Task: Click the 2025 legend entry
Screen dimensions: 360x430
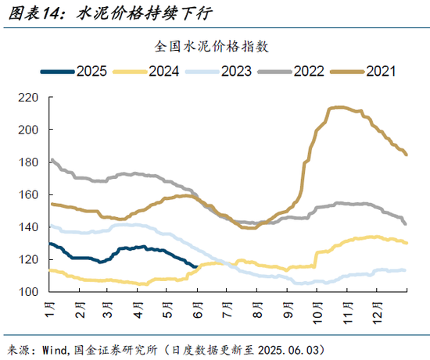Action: [75, 71]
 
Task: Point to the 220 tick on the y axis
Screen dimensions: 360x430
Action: [29, 98]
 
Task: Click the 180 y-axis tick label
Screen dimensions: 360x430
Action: [29, 162]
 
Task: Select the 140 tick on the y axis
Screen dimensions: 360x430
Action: [29, 227]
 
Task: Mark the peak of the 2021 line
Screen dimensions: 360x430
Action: [338, 107]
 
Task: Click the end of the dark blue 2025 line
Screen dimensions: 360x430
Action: [195, 266]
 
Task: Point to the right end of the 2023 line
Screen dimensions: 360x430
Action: [405, 270]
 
